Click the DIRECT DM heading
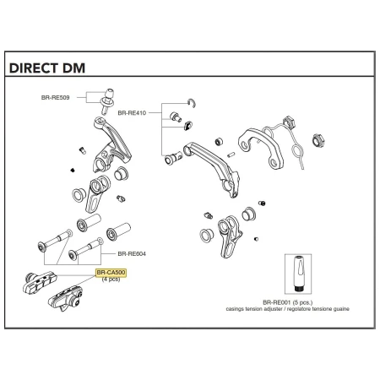point(47,68)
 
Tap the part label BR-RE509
point(55,98)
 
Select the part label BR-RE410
point(132,113)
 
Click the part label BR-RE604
point(132,254)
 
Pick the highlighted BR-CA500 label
point(111,273)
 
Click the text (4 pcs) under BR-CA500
point(111,280)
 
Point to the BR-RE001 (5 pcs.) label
point(287,302)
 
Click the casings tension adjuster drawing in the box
point(298,274)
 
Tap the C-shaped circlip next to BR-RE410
point(192,103)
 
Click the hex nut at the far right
point(318,141)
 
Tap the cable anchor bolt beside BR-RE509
point(107,101)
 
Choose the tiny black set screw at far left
point(73,170)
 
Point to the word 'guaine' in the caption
point(341,309)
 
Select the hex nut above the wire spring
point(289,122)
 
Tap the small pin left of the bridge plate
point(231,155)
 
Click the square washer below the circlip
point(188,125)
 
